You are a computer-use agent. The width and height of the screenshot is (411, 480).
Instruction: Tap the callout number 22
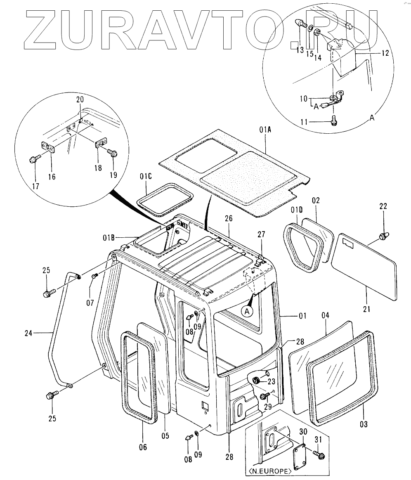[383, 206]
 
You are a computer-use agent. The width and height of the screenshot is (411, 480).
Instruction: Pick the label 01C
[146, 177]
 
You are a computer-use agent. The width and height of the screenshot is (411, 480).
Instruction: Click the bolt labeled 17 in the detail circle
[34, 158]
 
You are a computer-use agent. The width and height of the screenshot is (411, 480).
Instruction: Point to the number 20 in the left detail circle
[80, 99]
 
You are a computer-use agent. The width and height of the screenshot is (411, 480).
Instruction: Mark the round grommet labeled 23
[256, 379]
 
